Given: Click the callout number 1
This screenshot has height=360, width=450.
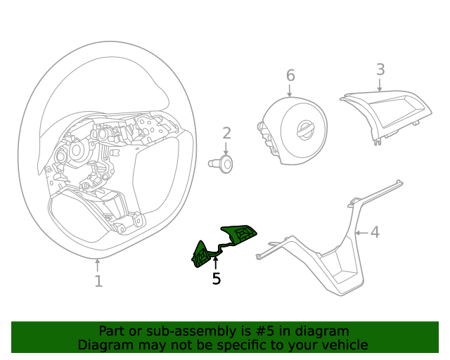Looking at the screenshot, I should click(x=98, y=281).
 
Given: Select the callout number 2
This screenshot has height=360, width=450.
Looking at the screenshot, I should click(x=226, y=133).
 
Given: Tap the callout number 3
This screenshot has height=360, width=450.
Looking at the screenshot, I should click(x=380, y=70).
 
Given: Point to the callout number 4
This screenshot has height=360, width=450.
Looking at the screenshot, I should click(x=375, y=232).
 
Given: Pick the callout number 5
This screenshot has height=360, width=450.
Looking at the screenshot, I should click(x=217, y=279).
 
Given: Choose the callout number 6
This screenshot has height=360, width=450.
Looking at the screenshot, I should click(x=290, y=75).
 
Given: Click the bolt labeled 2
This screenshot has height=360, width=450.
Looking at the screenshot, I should click(x=223, y=164).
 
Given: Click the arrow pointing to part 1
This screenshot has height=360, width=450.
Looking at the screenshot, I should click(x=98, y=265).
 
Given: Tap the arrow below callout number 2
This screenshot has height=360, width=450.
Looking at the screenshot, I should click(x=226, y=148).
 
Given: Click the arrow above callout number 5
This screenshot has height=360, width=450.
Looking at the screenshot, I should click(x=216, y=263).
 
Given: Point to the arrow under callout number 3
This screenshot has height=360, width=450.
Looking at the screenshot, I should click(x=380, y=85).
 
